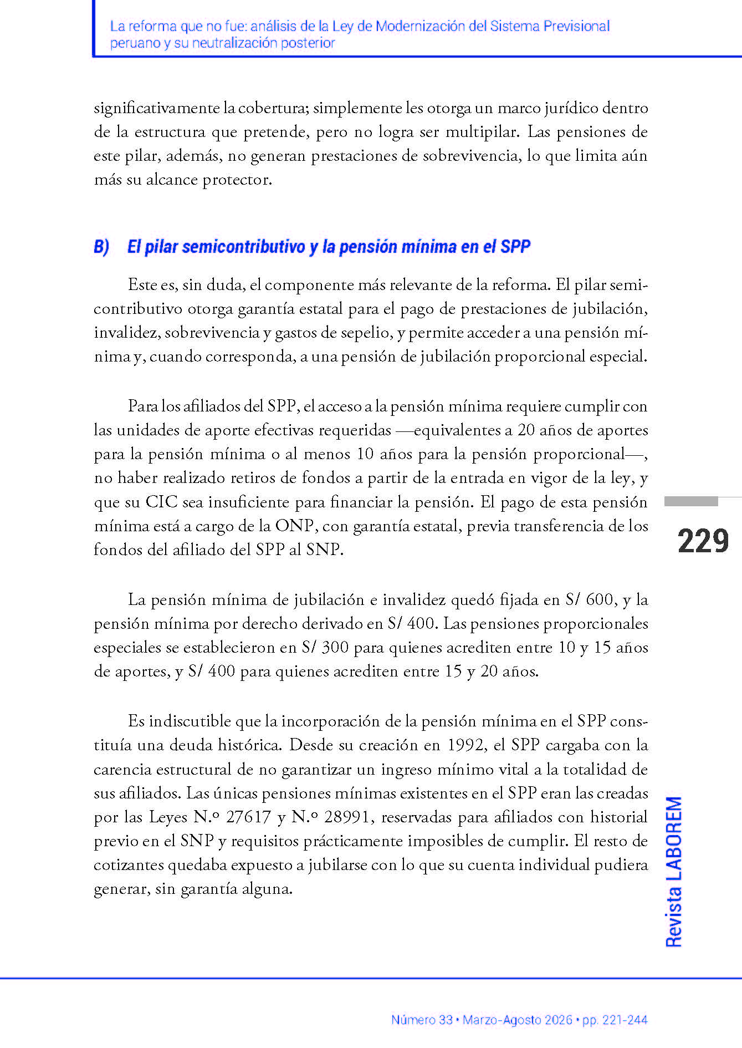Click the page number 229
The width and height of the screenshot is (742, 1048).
pos(703,541)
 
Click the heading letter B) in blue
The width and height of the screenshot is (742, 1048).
pos(101,247)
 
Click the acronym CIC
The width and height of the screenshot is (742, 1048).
pos(161,502)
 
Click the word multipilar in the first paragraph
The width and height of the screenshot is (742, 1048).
pos(482,132)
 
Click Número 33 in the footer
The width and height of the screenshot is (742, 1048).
pos(422,1020)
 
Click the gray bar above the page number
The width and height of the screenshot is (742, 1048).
pos(691,501)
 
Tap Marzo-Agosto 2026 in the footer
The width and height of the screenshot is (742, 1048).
pos(518,1020)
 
